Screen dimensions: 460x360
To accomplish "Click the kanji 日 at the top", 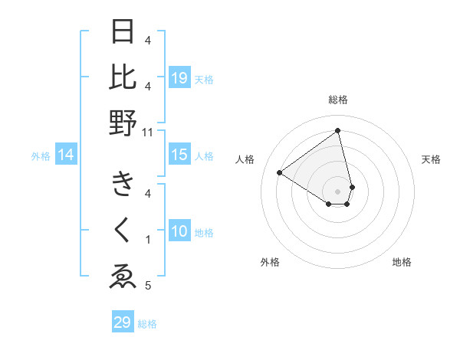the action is [x=123, y=31].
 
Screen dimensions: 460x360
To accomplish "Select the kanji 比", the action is [x=123, y=77].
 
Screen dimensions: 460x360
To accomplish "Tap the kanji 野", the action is [x=123, y=123].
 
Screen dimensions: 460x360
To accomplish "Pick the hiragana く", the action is [x=123, y=231].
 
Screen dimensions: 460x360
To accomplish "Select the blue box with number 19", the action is [x=179, y=78].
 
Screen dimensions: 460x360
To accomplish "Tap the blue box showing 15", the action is [x=179, y=155].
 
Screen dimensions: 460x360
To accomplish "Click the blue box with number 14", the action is [x=66, y=155].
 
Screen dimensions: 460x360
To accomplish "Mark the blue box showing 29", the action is [x=123, y=322].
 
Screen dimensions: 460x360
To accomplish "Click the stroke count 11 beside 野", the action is [x=148, y=132].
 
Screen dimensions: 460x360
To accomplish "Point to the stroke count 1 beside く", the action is [x=148, y=239].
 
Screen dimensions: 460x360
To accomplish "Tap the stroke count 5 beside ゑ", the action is [x=148, y=286].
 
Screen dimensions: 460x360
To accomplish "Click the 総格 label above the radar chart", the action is [x=338, y=100].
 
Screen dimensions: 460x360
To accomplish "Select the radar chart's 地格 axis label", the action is [x=402, y=262].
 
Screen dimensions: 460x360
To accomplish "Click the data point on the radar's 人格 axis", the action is [x=279, y=172].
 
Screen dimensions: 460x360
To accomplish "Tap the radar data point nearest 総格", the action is [x=338, y=131].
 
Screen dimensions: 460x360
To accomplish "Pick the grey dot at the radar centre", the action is [x=338, y=191].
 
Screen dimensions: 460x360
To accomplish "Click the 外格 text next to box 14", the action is [x=41, y=156].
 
